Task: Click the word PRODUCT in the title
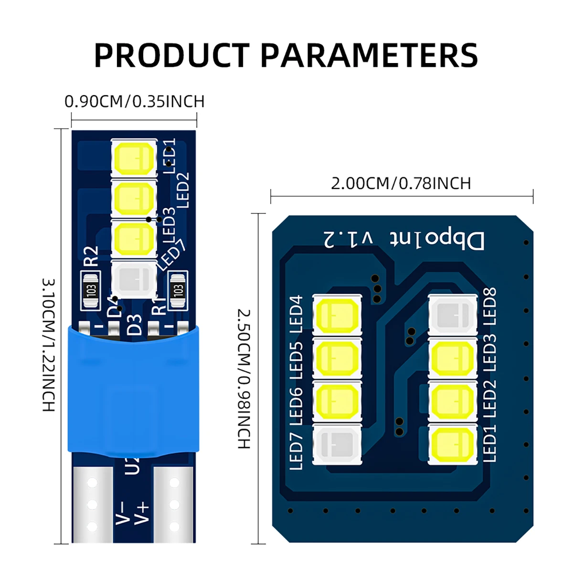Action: (171, 55)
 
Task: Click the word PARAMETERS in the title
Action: (369, 55)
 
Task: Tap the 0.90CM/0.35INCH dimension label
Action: (134, 102)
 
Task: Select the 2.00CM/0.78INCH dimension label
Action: (401, 183)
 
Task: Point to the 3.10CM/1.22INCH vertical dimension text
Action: (49, 345)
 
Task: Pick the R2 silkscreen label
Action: (91, 256)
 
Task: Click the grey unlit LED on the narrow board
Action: (134, 279)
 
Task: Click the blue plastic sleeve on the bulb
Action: (133, 392)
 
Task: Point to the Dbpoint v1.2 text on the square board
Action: (404, 239)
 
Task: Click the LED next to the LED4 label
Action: (337, 316)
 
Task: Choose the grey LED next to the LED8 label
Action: (453, 316)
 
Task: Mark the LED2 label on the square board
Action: (489, 400)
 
